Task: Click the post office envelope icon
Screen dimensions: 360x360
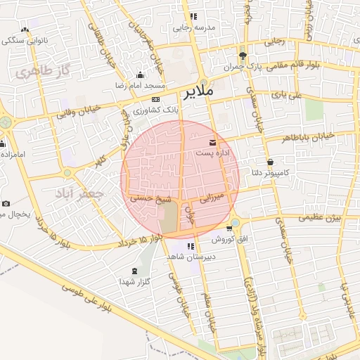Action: tap(213, 143)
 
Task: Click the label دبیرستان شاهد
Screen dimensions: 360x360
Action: tap(189, 257)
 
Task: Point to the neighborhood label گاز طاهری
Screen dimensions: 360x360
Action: tap(46, 70)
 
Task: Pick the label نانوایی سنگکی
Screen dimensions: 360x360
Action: tap(25, 40)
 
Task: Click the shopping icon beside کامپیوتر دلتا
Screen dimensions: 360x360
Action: tap(270, 162)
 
